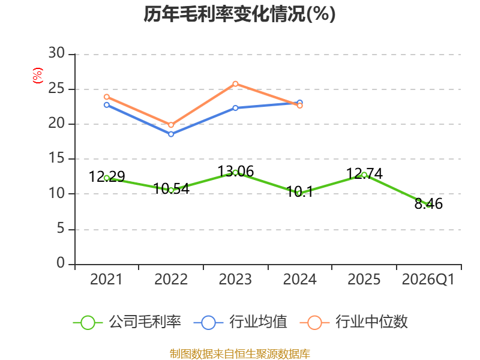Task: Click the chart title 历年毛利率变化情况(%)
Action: click(239, 14)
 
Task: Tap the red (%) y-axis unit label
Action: click(38, 76)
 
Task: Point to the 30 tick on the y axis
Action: click(56, 53)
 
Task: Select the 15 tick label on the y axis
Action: click(56, 158)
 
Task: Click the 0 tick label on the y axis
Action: click(61, 263)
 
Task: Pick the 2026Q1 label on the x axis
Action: click(428, 279)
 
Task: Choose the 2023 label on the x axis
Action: click(235, 279)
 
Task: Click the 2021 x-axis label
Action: click(106, 279)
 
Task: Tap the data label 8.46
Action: click(428, 204)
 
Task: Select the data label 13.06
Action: click(236, 172)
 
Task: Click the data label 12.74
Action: click(364, 174)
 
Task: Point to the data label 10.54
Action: click(172, 188)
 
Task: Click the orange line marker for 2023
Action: click(235, 84)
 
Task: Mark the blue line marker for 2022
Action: click(171, 134)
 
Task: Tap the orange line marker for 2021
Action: click(107, 97)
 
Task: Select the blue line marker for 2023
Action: click(235, 108)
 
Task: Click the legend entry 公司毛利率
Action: click(127, 322)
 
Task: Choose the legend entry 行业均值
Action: click(241, 322)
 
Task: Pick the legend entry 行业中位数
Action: click(354, 322)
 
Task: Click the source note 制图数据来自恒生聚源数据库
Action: click(240, 354)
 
